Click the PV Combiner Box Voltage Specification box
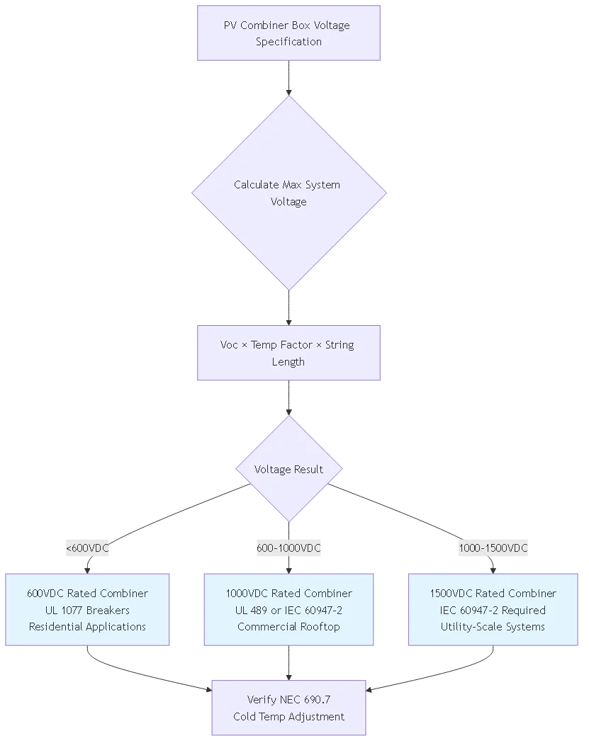click(x=288, y=33)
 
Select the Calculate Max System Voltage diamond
click(x=288, y=193)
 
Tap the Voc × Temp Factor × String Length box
click(x=288, y=353)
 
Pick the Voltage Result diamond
click(x=288, y=469)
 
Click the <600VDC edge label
click(x=88, y=548)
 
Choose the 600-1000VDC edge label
click(x=288, y=548)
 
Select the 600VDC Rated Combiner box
click(x=88, y=609)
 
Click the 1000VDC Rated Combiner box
click(x=288, y=609)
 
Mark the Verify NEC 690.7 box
click(x=288, y=708)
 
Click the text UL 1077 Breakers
click(x=88, y=610)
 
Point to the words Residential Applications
click(x=88, y=626)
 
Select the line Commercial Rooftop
click(x=288, y=626)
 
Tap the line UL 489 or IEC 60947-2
click(x=288, y=610)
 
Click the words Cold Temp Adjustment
click(x=288, y=716)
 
